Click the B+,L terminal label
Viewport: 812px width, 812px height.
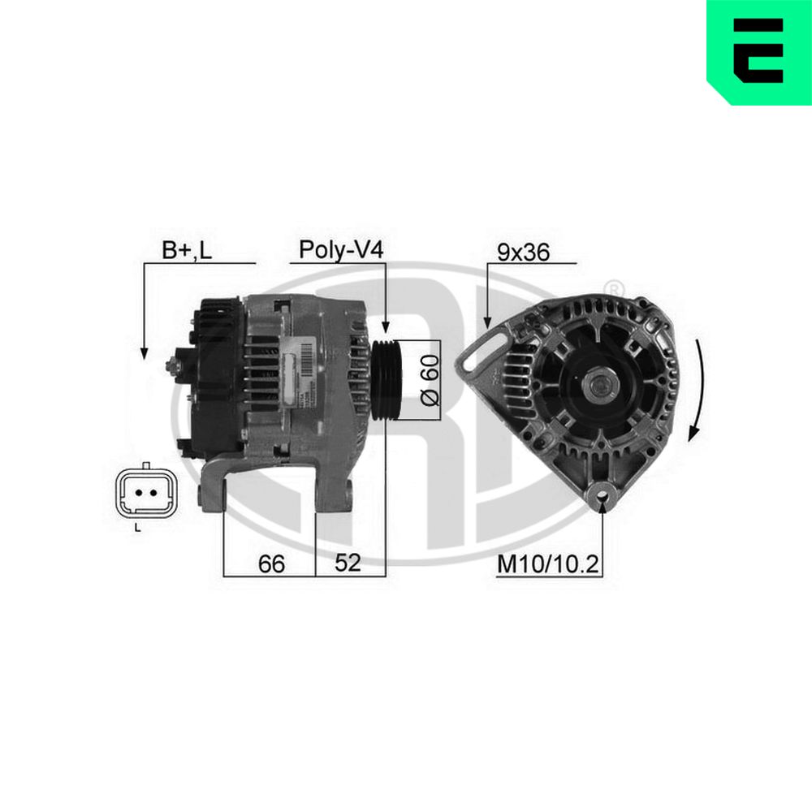(x=186, y=251)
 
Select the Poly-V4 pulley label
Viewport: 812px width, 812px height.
(x=340, y=249)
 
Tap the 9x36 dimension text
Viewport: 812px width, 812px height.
(x=524, y=252)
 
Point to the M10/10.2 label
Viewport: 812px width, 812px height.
(x=547, y=564)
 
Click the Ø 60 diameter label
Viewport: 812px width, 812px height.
(x=430, y=380)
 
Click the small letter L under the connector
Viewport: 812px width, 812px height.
(x=137, y=529)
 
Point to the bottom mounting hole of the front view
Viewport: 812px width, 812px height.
(x=603, y=494)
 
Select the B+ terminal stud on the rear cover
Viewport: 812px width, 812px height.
(x=173, y=366)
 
